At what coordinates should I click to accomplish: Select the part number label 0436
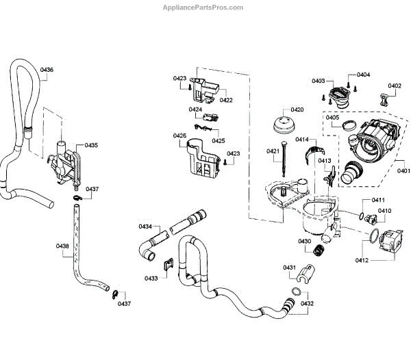(x=47, y=69)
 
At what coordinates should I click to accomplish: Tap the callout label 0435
(x=91, y=145)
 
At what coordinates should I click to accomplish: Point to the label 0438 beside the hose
(x=62, y=246)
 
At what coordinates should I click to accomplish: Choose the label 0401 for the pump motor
(x=403, y=170)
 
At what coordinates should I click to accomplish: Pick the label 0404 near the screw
(x=363, y=74)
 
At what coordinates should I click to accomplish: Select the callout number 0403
(x=318, y=81)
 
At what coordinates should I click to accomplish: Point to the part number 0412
(x=362, y=260)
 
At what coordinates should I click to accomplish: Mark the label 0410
(x=384, y=211)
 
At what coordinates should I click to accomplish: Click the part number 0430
(x=304, y=241)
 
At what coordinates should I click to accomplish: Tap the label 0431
(x=289, y=267)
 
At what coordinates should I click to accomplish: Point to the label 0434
(x=145, y=226)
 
